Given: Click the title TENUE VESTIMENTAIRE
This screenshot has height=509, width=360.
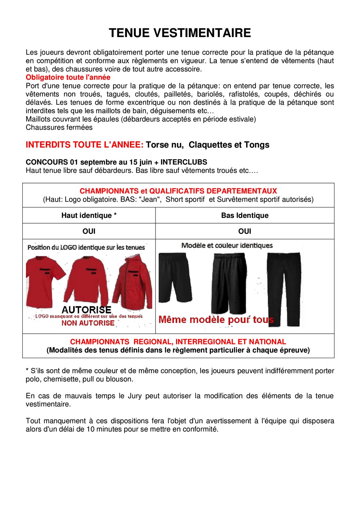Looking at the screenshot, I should (180, 33).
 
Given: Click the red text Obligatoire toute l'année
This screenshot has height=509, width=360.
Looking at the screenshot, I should (68, 77).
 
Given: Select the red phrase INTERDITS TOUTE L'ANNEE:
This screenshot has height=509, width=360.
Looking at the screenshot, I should (85, 145).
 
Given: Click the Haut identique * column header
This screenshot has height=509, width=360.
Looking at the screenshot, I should (89, 216).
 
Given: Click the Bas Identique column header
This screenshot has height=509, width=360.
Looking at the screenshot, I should (245, 216).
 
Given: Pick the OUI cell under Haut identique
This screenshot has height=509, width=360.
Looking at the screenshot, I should (89, 231).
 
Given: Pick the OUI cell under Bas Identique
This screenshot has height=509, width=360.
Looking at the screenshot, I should (245, 231).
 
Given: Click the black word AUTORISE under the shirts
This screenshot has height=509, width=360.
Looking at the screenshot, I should (86, 310).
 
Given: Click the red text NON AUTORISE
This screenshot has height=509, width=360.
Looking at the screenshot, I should (88, 323).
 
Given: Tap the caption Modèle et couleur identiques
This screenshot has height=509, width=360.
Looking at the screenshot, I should (227, 246).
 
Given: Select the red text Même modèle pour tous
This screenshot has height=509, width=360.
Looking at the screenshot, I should (216, 320).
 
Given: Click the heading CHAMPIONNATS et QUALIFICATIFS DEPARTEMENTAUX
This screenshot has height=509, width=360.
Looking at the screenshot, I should (178, 191).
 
